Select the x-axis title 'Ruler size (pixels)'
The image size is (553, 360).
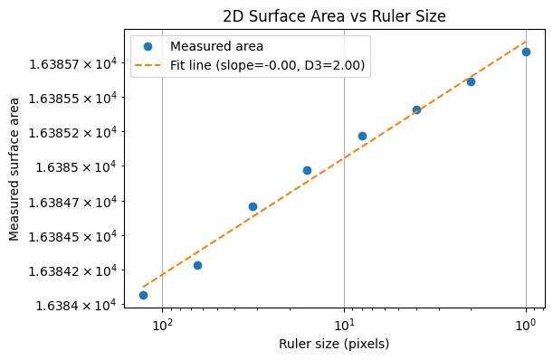point(335,343)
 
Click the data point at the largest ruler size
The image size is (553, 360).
point(143,295)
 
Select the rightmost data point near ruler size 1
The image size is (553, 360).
point(526,52)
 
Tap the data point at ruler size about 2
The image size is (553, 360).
point(471,81)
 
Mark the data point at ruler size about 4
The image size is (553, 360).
point(416,109)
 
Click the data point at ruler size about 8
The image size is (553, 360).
point(362,136)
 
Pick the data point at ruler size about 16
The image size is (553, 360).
point(307,170)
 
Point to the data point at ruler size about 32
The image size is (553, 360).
point(253,206)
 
